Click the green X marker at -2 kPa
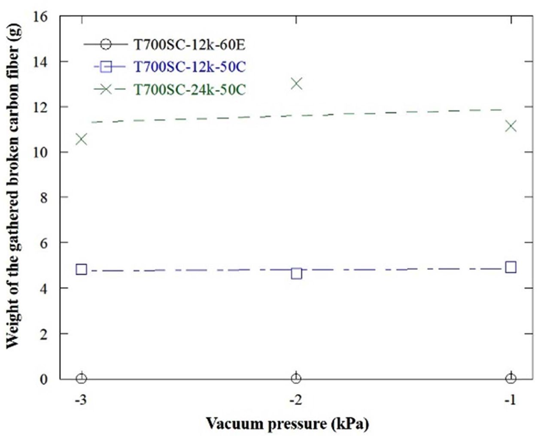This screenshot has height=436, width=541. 296,83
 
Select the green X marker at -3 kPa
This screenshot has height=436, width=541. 81,139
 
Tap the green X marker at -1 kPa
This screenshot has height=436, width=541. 511,126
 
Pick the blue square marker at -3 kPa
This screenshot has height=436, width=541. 81,269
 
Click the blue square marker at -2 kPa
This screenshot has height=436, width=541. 296,273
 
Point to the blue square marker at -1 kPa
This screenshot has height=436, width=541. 511,267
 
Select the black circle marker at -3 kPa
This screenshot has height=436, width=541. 81,378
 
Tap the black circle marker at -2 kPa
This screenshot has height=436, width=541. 296,378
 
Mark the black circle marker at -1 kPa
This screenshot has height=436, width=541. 511,378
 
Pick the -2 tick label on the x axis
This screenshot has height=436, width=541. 295,400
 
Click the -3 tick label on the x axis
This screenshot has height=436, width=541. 81,400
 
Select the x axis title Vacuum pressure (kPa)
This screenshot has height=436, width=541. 287,424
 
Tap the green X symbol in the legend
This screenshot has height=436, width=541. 106,89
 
